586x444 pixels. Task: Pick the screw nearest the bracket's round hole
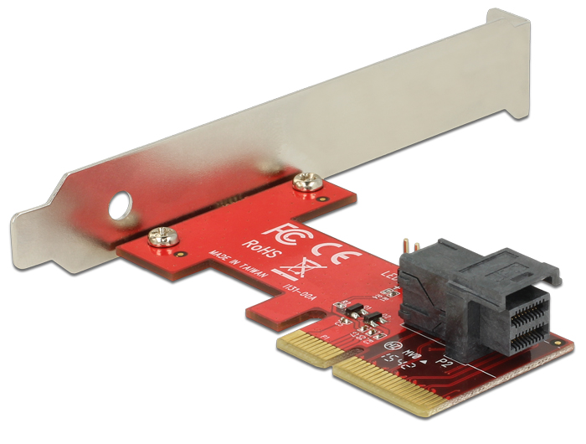click(157, 237)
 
